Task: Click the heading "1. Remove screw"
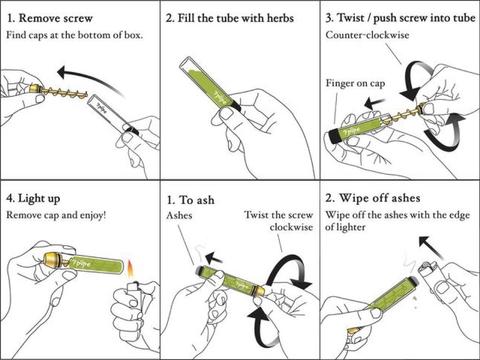[x=50, y=18]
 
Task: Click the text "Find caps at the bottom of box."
[x=75, y=35]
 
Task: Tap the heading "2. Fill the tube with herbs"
[x=230, y=18]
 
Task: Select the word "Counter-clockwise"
[x=367, y=35]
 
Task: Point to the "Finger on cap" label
[x=355, y=83]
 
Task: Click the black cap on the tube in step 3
[x=334, y=136]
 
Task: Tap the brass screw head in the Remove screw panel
[x=35, y=88]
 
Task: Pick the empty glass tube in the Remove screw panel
[x=111, y=113]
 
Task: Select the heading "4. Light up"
[x=33, y=198]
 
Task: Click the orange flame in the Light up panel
[x=130, y=270]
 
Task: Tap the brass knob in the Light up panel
[x=53, y=259]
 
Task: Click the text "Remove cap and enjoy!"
[x=56, y=215]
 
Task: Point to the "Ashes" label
[x=179, y=215]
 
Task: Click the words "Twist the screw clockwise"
[x=279, y=221]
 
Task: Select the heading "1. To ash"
[x=190, y=200]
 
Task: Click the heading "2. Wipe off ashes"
[x=373, y=198]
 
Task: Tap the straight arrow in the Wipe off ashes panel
[x=431, y=247]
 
